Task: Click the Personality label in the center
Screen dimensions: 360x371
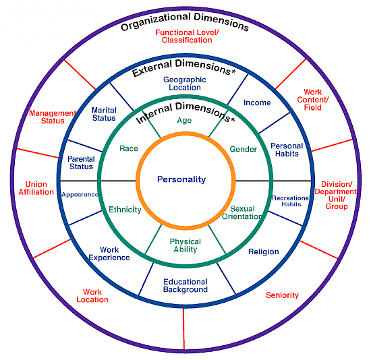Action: click(181, 179)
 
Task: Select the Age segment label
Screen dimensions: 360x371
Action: click(184, 121)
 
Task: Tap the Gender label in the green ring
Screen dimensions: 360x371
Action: click(244, 149)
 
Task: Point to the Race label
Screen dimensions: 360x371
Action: click(129, 148)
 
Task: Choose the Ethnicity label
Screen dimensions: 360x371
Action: click(125, 210)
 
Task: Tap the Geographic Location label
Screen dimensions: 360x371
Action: click(185, 84)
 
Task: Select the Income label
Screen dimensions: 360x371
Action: click(257, 103)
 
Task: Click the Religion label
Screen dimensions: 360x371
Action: click(263, 251)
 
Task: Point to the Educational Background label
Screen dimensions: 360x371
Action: click(185, 286)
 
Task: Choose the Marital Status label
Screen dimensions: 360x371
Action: click(104, 114)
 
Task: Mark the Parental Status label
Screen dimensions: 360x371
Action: click(80, 162)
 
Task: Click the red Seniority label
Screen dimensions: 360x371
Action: click(282, 295)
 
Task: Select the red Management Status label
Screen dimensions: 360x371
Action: click(52, 117)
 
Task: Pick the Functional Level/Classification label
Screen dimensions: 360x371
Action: click(187, 36)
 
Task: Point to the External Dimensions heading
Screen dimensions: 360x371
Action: click(183, 67)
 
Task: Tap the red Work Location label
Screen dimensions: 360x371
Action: click(92, 296)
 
